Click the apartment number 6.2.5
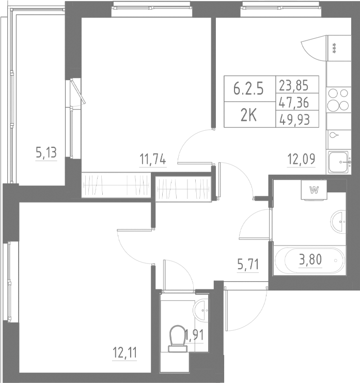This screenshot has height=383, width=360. (248, 88)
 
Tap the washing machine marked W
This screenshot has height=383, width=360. (313, 189)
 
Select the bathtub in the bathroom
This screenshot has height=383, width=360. (309, 261)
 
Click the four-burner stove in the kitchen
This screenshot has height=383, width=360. (338, 100)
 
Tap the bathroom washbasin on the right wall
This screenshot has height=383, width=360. (339, 221)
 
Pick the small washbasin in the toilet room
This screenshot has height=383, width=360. (201, 310)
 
